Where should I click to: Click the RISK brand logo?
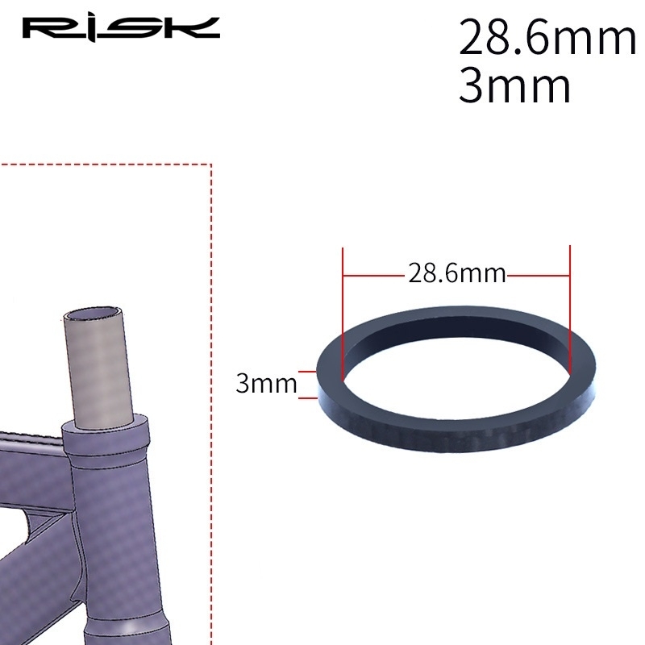tap(121, 28)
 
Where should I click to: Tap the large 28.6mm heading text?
tap(547, 37)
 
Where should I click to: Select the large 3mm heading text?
tap(514, 85)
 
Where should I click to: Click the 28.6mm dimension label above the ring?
tap(456, 273)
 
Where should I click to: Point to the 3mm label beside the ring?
tap(266, 384)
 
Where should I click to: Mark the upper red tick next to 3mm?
tap(308, 372)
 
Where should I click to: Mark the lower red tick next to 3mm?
tap(308, 397)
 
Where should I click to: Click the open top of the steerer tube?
tap(93, 314)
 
